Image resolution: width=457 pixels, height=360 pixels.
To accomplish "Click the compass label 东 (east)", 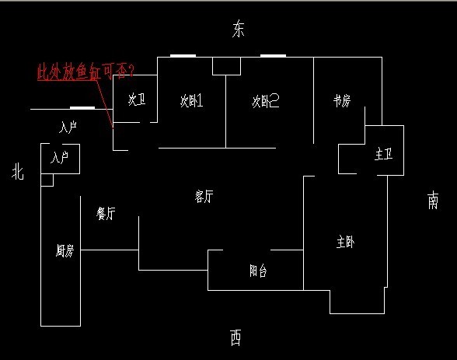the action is coord(238,29).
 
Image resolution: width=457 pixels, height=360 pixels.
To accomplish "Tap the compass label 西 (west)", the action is coord(235,337).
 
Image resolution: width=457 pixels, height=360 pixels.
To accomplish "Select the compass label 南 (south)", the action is coord(433,200).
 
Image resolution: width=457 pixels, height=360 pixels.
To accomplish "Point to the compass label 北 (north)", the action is coord(17,171).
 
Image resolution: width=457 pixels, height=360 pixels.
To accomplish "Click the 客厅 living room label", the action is coord(204,196).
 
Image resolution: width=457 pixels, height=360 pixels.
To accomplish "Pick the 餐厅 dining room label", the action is coord(106,213).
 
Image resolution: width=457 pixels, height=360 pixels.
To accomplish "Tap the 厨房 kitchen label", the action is coord(65,250).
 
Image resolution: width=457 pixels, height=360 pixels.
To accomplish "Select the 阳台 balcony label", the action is coord(258,271).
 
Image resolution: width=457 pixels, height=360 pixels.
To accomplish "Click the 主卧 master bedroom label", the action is coord(345,243).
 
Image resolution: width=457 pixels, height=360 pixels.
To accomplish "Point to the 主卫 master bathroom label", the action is coord(384,154).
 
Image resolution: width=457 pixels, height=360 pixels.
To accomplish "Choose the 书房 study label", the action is coord(342,101).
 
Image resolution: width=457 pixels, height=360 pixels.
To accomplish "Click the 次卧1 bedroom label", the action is coord(191,100).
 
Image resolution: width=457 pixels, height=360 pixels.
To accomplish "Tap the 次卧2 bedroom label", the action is coord(266,101).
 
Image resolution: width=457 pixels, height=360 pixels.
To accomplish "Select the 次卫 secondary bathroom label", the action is coord(137,100).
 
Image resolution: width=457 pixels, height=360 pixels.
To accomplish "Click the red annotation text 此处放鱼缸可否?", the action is coord(86,72).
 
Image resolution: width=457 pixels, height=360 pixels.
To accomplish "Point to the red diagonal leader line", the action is coord(105,103).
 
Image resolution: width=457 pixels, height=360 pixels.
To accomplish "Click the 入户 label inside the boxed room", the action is coord(59,157).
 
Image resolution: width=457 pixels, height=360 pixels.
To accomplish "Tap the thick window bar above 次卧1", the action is coord(183,56).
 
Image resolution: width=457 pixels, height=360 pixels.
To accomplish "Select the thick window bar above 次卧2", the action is coord(273,56).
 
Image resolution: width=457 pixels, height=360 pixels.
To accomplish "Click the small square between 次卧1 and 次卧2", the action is coord(226,66).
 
